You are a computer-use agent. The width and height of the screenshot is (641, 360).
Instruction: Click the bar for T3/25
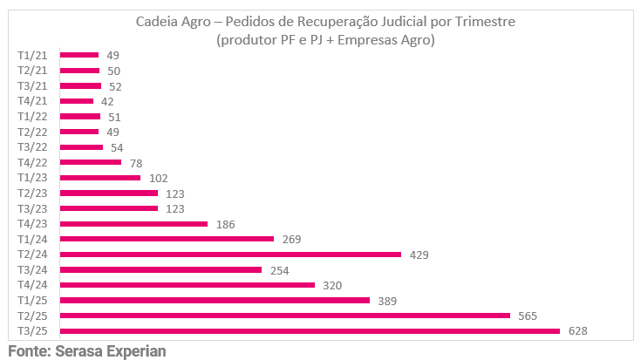click(310, 330)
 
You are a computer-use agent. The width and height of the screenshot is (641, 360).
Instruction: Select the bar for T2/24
click(230, 255)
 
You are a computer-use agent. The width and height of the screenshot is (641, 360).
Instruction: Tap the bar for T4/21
click(76, 101)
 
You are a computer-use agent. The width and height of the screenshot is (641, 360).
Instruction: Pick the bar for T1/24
click(167, 239)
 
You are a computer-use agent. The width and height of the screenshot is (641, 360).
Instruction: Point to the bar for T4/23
click(133, 224)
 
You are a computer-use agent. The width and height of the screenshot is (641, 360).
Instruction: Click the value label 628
click(577, 330)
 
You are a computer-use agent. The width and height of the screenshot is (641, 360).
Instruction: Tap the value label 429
click(419, 255)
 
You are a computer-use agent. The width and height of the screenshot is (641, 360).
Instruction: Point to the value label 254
click(279, 269)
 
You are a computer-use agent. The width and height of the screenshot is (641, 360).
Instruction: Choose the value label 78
click(135, 163)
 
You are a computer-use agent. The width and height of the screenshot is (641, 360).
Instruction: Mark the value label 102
click(157, 178)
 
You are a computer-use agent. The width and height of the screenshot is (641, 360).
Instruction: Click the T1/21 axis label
click(32, 55)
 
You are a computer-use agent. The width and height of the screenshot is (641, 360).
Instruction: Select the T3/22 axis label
click(32, 146)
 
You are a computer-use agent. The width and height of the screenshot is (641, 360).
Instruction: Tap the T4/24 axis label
click(32, 285)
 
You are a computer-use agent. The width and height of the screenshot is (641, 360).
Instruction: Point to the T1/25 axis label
click(32, 300)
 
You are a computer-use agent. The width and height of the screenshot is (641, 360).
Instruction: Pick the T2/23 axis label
click(32, 193)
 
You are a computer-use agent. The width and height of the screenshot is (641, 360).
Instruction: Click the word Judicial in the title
click(402, 22)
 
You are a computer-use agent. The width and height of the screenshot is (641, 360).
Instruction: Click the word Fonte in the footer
click(28, 351)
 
